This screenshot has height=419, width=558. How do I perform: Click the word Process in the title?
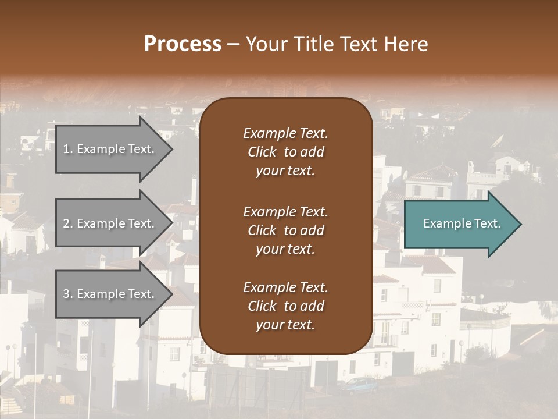tap(183, 44)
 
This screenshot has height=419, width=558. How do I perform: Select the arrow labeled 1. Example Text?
tap(113, 149)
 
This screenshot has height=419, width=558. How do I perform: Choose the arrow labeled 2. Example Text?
tap(113, 223)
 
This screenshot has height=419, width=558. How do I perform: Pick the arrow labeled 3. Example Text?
tap(113, 294)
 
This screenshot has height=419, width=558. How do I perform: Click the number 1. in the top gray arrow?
tap(68, 149)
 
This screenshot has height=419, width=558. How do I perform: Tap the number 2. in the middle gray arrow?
tap(68, 223)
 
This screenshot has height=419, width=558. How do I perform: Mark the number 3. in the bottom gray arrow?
tap(68, 294)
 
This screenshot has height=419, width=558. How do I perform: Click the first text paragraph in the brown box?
tap(285, 152)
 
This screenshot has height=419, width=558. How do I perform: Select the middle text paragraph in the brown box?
tap(285, 230)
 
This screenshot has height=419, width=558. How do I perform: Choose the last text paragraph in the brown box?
tap(285, 306)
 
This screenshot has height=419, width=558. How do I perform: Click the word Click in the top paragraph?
tap(262, 152)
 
